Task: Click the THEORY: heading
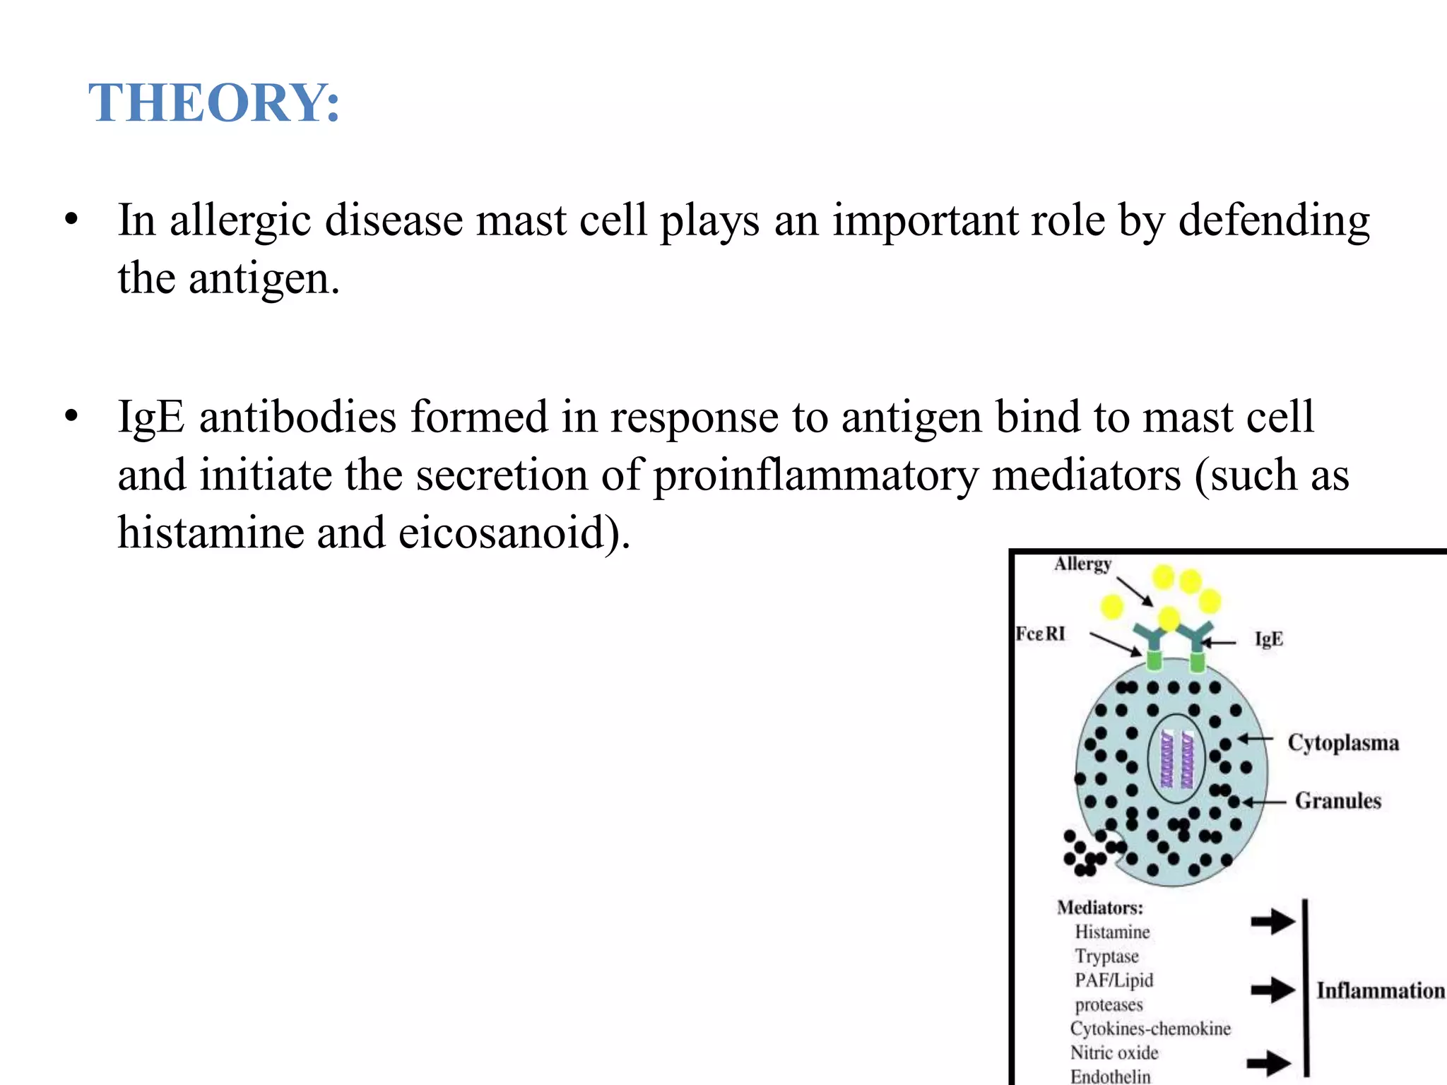[x=214, y=103]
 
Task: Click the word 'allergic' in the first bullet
[x=240, y=220]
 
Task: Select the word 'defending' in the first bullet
[x=1274, y=220]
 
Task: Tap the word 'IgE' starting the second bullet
[x=150, y=417]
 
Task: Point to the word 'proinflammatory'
[x=815, y=475]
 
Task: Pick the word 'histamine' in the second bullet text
[x=209, y=533]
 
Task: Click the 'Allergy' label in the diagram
[x=1082, y=564]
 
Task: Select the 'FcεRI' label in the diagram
[x=1039, y=634]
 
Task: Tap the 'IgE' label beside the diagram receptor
[x=1268, y=639]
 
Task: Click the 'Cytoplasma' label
[x=1342, y=743]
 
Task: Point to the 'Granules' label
[x=1337, y=801]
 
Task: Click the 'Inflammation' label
[x=1380, y=990]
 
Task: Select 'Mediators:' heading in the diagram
[x=1099, y=908]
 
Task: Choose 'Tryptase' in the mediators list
[x=1106, y=956]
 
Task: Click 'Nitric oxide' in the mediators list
[x=1114, y=1053]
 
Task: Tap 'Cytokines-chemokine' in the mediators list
[x=1150, y=1028]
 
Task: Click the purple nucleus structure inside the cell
[x=1176, y=759]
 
